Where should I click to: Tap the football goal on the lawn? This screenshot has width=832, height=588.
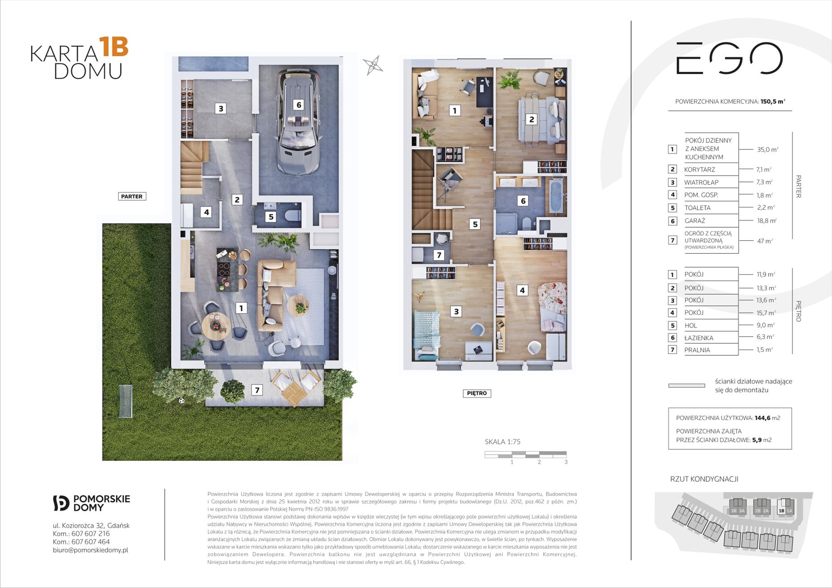pos(126,401)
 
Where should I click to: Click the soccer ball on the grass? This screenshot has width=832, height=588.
pos(181,400)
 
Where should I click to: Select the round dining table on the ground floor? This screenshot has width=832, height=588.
pos(216,325)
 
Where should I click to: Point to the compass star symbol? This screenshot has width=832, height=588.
pos(373,66)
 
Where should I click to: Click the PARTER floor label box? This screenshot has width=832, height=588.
pos(132,196)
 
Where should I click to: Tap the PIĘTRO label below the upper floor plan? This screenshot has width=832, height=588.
pos(477,393)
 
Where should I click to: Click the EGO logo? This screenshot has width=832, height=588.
pos(730,58)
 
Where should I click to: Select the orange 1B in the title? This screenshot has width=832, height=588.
pos(114,47)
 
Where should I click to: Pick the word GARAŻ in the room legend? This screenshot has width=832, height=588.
pos(695,221)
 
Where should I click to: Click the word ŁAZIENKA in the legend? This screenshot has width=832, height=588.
pos(699,338)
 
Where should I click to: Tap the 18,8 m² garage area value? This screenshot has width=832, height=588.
pos(766,221)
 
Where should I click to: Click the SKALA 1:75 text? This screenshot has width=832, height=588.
pos(503,442)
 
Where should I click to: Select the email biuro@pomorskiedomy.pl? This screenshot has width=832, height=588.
pos(90,550)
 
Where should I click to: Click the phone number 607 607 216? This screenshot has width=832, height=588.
pos(90,534)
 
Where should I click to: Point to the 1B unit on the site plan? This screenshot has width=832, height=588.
pos(781,511)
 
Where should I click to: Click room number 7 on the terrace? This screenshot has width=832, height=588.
pos(257,390)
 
